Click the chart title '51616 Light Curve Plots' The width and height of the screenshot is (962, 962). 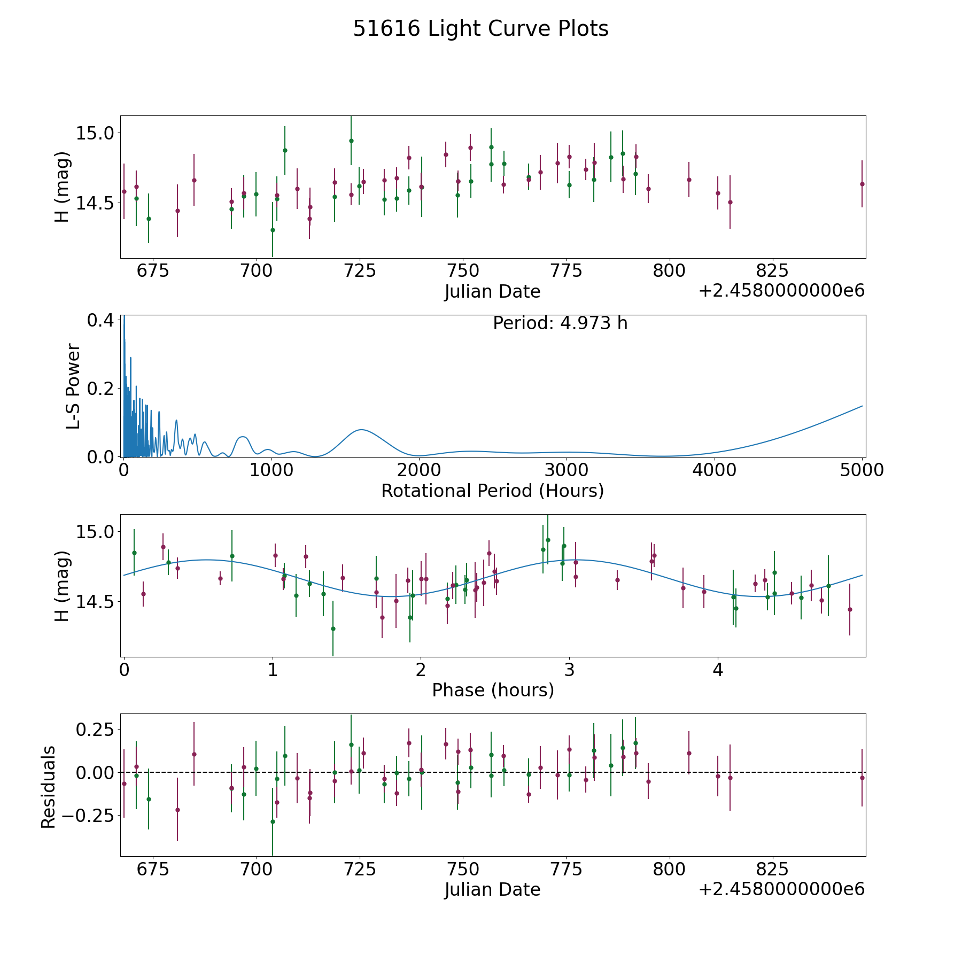point(480,29)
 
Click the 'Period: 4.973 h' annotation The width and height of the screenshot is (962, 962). point(560,323)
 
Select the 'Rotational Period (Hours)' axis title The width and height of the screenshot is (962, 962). point(492,491)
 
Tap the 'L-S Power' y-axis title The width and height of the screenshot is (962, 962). point(73,386)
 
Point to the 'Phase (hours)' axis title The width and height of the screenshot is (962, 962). point(493,690)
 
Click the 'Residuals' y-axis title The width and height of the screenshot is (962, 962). point(49,787)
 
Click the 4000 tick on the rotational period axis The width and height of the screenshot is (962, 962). point(715,470)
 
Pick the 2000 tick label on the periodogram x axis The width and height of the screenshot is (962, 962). point(419,470)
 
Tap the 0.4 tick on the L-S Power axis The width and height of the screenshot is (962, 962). point(100,320)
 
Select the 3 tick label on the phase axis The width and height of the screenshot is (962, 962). point(570,670)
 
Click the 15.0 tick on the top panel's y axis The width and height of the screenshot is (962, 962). point(95,133)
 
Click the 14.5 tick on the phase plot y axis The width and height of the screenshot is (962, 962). point(95,602)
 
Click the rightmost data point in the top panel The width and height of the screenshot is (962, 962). point(862,184)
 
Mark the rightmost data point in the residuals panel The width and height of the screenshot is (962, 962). point(862,778)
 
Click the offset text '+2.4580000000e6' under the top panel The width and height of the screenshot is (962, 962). point(781,291)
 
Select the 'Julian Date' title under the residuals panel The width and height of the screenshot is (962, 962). point(492,889)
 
